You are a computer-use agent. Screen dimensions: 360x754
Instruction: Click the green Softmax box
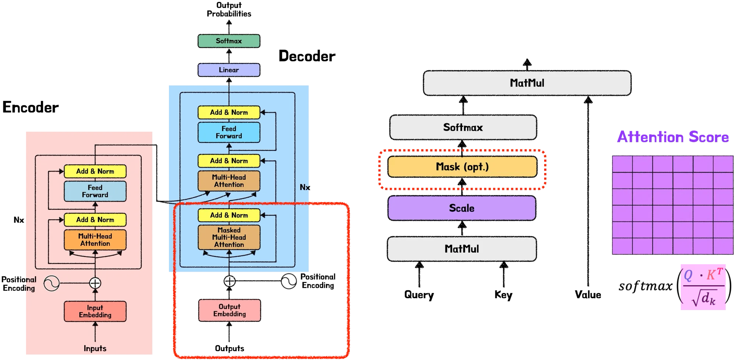229,41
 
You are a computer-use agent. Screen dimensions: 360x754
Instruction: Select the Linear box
229,70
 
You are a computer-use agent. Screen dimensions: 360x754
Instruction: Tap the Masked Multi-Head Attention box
229,237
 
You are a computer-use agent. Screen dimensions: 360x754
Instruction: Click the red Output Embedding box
229,310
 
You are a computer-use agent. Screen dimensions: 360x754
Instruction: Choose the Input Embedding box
95,311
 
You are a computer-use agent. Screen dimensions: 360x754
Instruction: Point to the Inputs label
95,348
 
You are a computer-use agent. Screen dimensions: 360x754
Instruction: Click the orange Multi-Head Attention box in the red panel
95,240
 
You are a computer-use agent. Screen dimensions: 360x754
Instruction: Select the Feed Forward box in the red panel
95,191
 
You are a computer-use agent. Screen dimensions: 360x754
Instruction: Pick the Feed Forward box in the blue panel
229,133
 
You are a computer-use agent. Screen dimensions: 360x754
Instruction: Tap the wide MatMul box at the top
527,83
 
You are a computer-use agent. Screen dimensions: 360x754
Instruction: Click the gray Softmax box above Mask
463,127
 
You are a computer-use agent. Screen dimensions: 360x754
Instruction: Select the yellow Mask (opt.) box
462,167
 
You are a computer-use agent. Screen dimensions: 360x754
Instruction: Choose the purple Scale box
462,208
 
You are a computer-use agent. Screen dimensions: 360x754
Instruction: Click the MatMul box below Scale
462,249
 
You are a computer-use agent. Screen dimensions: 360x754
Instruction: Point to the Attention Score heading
673,137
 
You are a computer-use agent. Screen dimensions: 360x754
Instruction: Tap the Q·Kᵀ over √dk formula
703,287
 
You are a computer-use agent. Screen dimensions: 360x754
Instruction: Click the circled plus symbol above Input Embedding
95,283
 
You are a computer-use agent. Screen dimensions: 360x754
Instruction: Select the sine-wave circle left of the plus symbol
52,283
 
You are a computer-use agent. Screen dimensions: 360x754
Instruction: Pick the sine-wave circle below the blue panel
289,282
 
